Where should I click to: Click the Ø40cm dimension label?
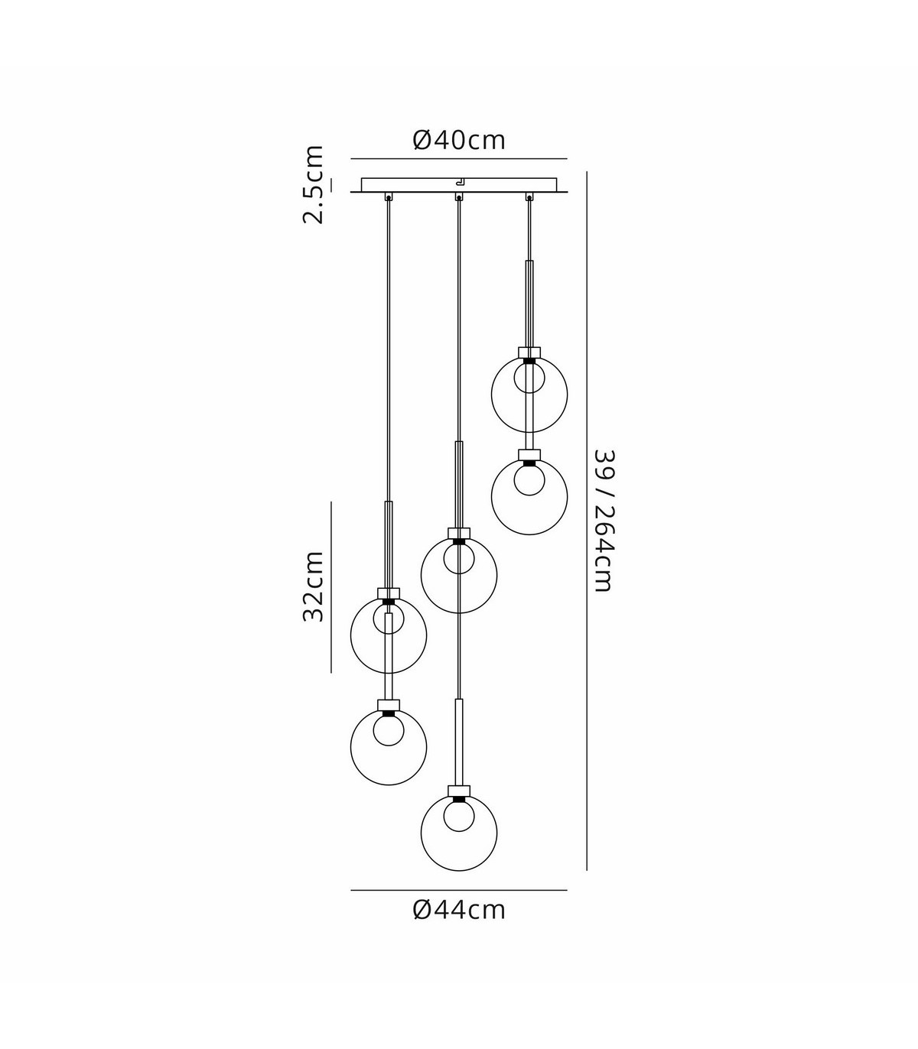pos(459,140)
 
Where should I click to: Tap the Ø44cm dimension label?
pos(459,910)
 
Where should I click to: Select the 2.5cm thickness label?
pos(314,184)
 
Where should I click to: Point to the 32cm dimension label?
pos(314,586)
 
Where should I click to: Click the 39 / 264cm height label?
pos(603,521)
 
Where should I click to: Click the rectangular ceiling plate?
pos(459,184)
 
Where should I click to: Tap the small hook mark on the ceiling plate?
pos(461,181)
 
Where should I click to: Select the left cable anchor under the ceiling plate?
pos(388,196)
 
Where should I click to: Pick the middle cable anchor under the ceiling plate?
pos(459,196)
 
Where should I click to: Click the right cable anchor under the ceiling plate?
pos(529,196)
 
